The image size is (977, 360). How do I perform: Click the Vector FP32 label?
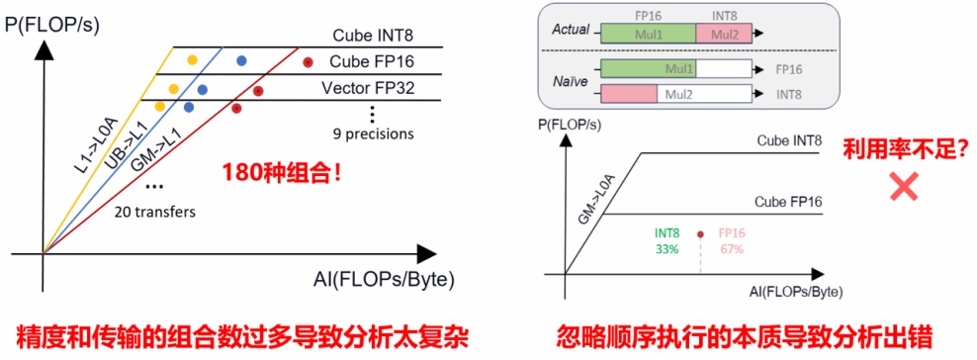pyautogui.click(x=368, y=88)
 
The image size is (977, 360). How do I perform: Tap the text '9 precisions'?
pyautogui.click(x=374, y=133)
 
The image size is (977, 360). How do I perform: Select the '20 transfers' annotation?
pyautogui.click(x=155, y=212)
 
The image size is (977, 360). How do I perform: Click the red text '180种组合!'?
pyautogui.click(x=287, y=170)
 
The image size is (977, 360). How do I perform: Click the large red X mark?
pyautogui.click(x=904, y=186)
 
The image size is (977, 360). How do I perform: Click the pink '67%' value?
pyautogui.click(x=731, y=248)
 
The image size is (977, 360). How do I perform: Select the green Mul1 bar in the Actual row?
pyautogui.click(x=648, y=34)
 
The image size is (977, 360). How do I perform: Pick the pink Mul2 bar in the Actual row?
pyautogui.click(x=724, y=34)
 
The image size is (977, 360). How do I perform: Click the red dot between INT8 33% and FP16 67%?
pyautogui.click(x=700, y=234)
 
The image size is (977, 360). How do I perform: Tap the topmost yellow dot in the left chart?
pyautogui.click(x=193, y=60)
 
